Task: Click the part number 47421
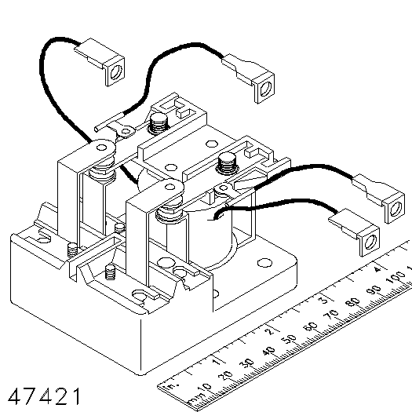[44, 396]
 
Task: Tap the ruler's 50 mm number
[290, 339]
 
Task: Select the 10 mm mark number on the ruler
[204, 388]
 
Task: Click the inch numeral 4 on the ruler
[377, 269]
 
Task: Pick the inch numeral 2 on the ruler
[269, 331]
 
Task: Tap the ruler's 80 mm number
[353, 302]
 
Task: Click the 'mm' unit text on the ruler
[195, 399]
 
